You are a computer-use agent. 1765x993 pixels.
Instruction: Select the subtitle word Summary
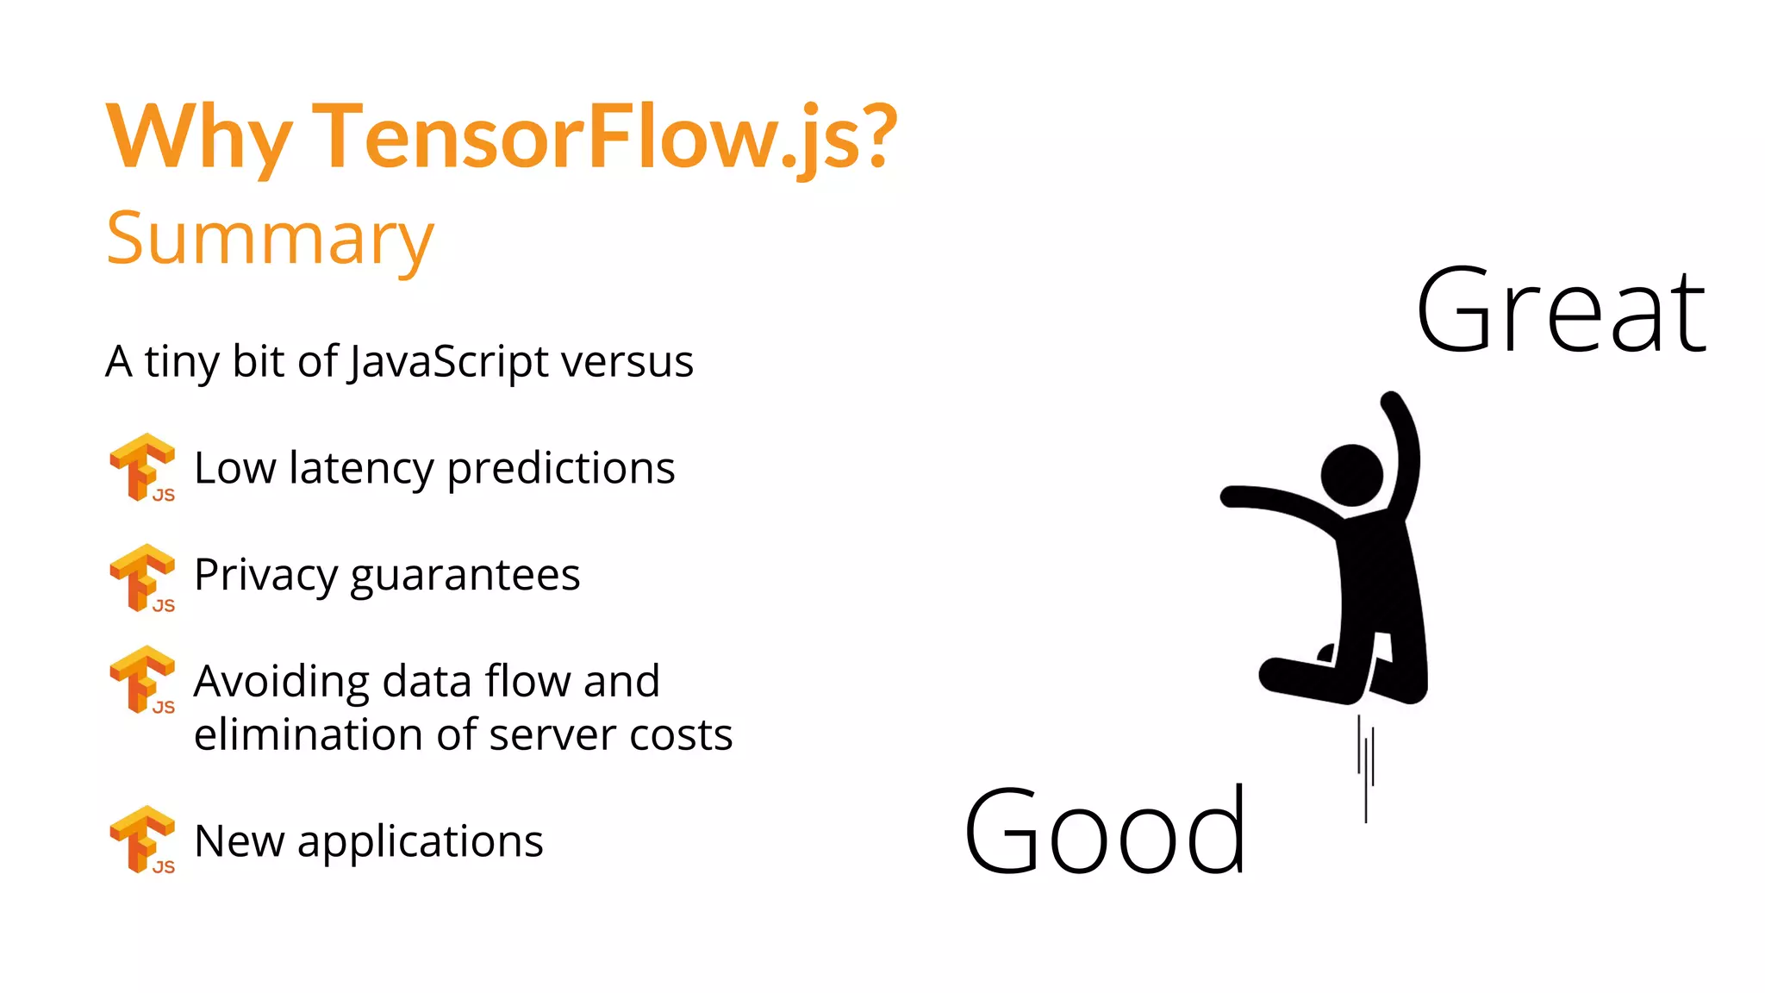click(x=270, y=239)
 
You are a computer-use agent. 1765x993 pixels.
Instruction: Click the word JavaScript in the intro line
click(x=448, y=361)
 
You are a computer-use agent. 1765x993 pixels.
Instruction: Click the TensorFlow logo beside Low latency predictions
click(x=142, y=467)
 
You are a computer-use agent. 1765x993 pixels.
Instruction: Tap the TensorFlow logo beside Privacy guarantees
click(x=142, y=578)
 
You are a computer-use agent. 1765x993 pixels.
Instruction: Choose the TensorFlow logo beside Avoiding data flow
click(x=142, y=679)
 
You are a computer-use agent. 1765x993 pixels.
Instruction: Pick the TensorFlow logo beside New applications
click(x=142, y=840)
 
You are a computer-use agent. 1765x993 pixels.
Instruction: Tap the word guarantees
click(x=465, y=576)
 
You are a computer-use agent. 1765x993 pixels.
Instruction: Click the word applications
click(x=420, y=842)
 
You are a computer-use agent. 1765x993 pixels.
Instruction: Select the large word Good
click(x=1105, y=831)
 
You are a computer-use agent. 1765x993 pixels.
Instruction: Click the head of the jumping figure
click(x=1351, y=475)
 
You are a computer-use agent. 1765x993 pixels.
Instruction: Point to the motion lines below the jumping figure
click(x=1366, y=767)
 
